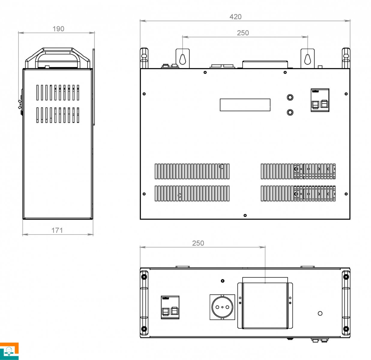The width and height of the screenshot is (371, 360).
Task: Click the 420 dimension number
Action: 235,17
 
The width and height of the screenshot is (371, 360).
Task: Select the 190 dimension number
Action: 58,29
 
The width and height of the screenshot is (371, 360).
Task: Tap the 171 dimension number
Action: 57,230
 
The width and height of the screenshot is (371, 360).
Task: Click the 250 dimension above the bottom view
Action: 198,243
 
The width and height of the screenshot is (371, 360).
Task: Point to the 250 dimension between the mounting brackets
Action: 243,33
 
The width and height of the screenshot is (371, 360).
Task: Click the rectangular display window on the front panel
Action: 245,105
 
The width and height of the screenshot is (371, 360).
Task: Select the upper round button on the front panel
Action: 290,97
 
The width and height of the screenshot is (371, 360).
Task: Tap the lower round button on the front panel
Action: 290,112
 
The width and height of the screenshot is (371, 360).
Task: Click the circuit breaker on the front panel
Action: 320,100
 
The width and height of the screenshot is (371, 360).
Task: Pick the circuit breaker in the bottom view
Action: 170,307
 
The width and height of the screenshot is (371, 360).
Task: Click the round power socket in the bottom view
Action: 222,307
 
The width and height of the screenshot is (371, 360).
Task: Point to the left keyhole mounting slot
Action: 183,59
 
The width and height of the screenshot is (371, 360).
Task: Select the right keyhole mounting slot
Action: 307,59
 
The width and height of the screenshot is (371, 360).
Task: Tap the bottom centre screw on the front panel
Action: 245,215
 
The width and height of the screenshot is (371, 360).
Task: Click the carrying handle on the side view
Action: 58,58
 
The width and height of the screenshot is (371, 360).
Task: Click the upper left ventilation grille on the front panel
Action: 192,171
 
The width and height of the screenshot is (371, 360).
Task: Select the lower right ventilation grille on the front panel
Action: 298,193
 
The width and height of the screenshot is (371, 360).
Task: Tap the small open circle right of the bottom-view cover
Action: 320,313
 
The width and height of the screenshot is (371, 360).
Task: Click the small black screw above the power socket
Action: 223,281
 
